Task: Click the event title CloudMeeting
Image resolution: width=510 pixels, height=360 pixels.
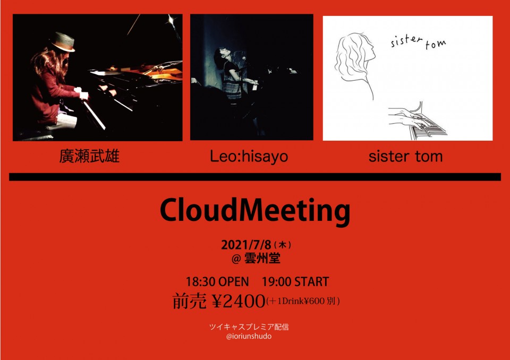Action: (x=255, y=211)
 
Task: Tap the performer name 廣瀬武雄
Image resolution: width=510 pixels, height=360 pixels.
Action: (x=89, y=156)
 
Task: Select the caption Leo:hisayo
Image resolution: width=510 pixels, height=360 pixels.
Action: (x=249, y=157)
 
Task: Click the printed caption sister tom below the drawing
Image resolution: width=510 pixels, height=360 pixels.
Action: (x=405, y=157)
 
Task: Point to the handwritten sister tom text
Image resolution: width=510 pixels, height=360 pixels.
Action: (x=418, y=42)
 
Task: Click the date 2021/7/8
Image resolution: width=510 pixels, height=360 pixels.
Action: (x=246, y=245)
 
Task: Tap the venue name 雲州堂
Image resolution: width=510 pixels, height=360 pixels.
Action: (x=262, y=259)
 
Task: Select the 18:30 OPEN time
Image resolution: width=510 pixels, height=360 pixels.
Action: (x=217, y=281)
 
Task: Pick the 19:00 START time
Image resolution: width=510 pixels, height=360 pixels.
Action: (x=295, y=281)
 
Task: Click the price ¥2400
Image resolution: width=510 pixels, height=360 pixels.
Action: (x=238, y=301)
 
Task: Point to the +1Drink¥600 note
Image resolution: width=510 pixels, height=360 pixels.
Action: (x=303, y=301)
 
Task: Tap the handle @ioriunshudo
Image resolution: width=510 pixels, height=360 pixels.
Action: (x=249, y=336)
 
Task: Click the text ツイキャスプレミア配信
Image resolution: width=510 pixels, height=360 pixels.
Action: (x=249, y=327)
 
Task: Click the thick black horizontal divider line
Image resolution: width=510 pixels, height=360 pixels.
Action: (x=255, y=177)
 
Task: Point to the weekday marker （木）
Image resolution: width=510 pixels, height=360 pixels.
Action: (x=282, y=245)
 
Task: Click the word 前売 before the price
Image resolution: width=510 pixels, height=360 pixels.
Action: (x=189, y=301)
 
